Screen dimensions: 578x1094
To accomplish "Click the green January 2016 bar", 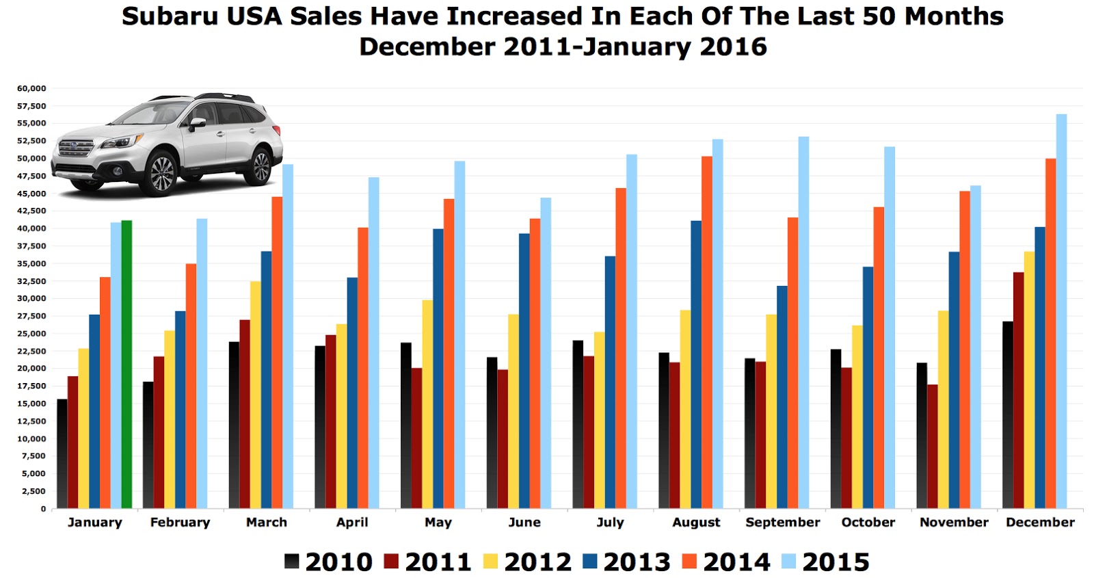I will [126, 364].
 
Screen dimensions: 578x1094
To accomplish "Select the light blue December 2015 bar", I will [1061, 311].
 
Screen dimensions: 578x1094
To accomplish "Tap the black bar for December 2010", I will [1007, 415].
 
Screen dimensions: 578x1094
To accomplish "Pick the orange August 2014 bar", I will [707, 332].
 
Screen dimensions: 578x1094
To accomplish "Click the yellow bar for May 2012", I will [427, 404].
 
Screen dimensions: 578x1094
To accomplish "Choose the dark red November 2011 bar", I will [933, 446].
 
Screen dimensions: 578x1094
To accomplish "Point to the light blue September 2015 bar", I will [803, 322].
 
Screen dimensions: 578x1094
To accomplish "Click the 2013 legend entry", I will [626, 562].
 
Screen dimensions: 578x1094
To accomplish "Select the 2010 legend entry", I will [328, 562].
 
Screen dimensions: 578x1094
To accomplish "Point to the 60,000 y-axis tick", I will [31, 88].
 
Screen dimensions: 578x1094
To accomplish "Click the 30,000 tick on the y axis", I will [31, 298].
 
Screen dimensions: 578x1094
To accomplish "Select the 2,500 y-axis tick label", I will [34, 491].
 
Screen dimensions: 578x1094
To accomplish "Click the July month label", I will [610, 522].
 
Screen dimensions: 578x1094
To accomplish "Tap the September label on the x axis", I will [782, 522].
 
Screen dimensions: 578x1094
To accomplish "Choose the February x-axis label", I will [180, 522].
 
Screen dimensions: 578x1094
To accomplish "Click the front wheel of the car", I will [162, 174].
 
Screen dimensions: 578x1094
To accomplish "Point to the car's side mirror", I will [198, 123].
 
